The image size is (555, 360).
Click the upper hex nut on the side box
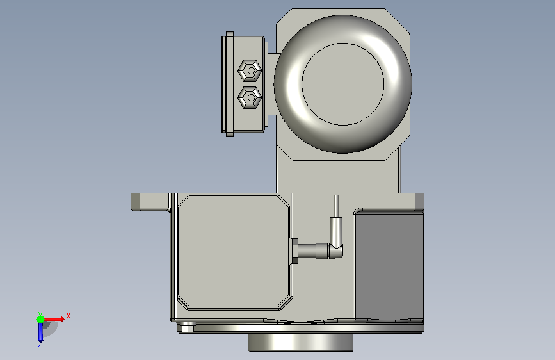tap(250, 70)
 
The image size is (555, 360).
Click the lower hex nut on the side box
tap(250, 97)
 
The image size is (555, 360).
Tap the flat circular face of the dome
tap(342, 84)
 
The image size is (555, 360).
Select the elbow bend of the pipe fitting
tap(336, 250)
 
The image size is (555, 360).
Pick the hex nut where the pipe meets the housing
tap(294, 251)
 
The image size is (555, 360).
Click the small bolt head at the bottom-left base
tap(188, 327)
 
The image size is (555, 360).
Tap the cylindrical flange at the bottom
tap(300, 342)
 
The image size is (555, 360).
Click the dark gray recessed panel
tap(389, 266)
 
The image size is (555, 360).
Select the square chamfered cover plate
tap(234, 252)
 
